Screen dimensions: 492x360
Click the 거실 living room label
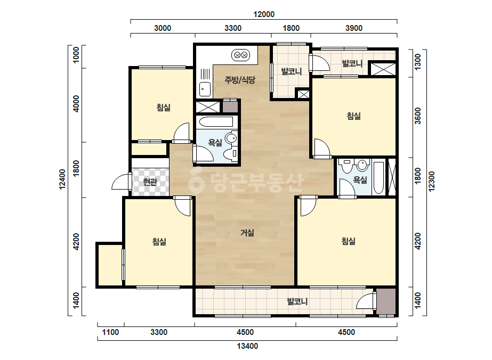[247, 233]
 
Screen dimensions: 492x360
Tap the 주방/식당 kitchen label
[240, 80]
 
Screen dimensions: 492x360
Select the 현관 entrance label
[150, 182]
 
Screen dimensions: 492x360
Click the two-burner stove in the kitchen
[240, 55]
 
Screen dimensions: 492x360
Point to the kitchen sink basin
[205, 89]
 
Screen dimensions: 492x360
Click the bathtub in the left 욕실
[216, 122]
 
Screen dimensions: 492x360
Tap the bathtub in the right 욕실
[378, 178]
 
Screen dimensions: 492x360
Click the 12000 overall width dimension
[264, 14]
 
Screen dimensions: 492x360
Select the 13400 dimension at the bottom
[247, 346]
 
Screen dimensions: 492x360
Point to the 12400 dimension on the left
[62, 179]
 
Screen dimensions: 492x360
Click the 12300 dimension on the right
[432, 181]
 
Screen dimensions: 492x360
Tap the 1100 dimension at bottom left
[110, 332]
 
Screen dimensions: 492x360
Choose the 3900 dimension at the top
[354, 28]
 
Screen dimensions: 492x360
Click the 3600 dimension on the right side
[417, 116]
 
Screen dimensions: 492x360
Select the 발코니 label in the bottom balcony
[297, 301]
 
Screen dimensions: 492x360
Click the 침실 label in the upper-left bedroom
[164, 108]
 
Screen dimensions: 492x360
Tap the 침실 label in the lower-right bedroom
[348, 241]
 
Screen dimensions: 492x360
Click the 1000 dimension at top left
[76, 55]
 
